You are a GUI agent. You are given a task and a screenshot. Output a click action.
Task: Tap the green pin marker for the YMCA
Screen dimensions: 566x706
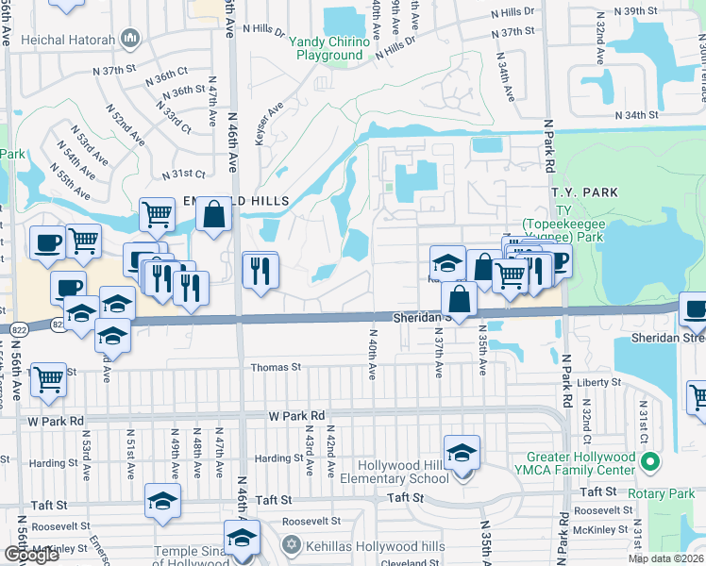[x=648, y=462]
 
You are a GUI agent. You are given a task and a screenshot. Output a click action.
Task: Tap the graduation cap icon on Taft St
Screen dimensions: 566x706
[x=163, y=502]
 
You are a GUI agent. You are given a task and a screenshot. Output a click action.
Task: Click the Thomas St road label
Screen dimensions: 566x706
[x=275, y=367]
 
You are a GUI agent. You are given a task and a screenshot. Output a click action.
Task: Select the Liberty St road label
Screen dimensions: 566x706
[x=601, y=382]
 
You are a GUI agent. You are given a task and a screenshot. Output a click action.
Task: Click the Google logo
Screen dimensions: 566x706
[x=31, y=555]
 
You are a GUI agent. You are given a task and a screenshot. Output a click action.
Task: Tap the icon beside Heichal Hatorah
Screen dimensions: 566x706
[x=130, y=40]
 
